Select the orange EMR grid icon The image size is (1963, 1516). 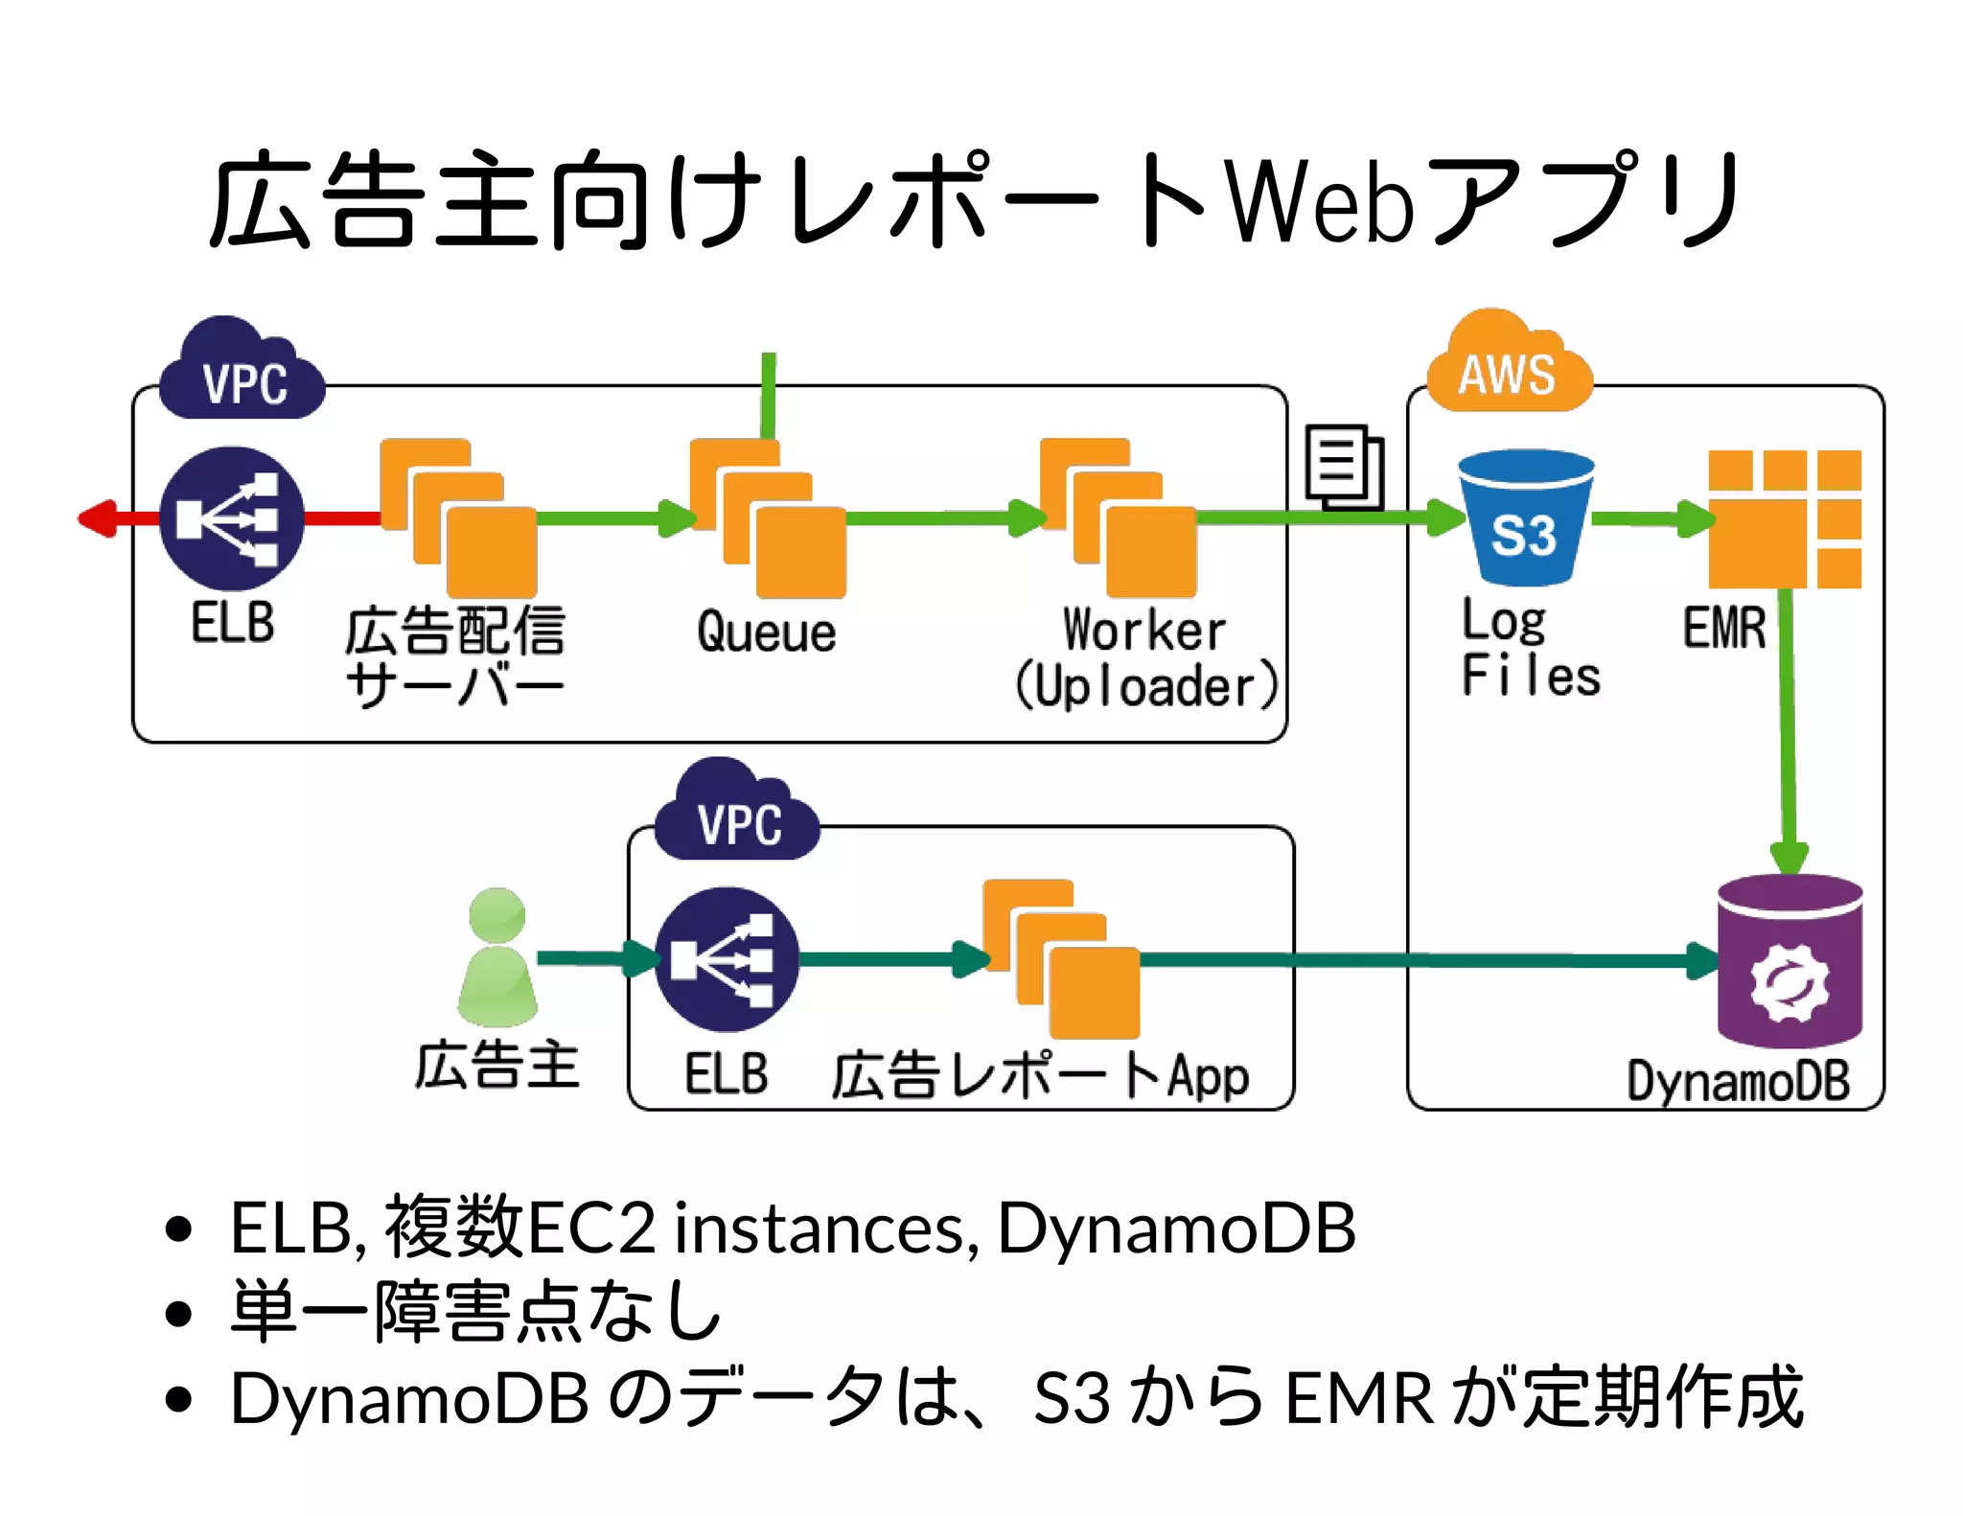pyautogui.click(x=1785, y=518)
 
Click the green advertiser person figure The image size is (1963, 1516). pyautogui.click(x=497, y=958)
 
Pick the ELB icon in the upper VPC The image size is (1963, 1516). pyautogui.click(x=232, y=518)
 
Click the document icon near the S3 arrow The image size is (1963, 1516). pyautogui.click(x=1344, y=467)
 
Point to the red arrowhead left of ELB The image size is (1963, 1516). pyautogui.click(x=99, y=518)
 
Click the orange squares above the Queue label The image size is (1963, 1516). pyautogui.click(x=768, y=518)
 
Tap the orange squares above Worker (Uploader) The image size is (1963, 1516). pyautogui.click(x=1118, y=518)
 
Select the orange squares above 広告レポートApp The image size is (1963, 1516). pyautogui.click(x=1061, y=959)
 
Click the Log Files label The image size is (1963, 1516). pyautogui.click(x=1530, y=649)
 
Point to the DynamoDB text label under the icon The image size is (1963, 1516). pyautogui.click(x=1738, y=1081)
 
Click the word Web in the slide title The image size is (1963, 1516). pyautogui.click(x=1321, y=202)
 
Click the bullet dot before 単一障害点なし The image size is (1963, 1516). pyautogui.click(x=178, y=1312)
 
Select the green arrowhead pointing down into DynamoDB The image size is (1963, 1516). pyautogui.click(x=1789, y=856)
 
